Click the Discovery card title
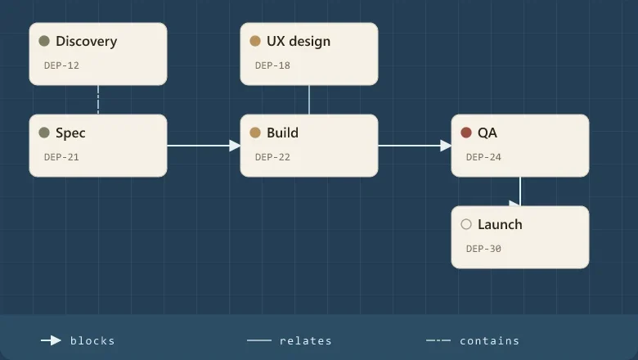[x=86, y=41]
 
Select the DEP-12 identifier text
[x=61, y=65]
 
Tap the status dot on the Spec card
[x=44, y=133]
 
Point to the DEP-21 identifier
[x=61, y=157]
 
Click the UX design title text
[x=299, y=42]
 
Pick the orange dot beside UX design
[x=255, y=41]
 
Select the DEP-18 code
[x=272, y=65]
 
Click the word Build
[x=282, y=133]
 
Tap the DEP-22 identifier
[x=272, y=157]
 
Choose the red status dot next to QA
[x=466, y=133]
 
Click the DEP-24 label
[x=483, y=157]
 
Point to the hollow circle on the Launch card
[x=466, y=224]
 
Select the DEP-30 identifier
[x=483, y=249]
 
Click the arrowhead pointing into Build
[x=235, y=146]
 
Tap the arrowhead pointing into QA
[x=446, y=146]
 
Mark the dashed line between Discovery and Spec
[x=98, y=100]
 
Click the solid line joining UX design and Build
[x=309, y=100]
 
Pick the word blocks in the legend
[x=92, y=341]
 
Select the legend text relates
[x=306, y=341]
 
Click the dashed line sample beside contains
[x=438, y=340]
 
